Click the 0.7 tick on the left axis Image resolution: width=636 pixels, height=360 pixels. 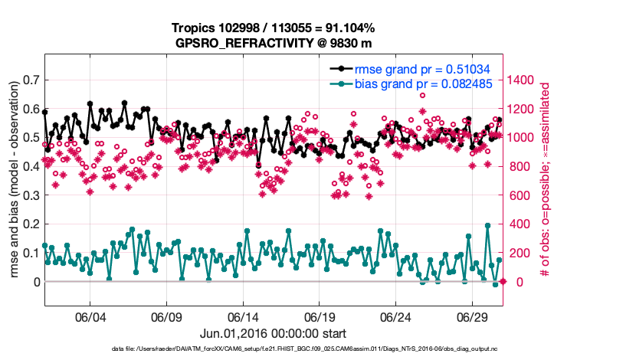(31, 80)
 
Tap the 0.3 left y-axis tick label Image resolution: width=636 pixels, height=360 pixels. (31, 195)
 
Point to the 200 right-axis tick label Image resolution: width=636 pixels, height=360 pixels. (523, 253)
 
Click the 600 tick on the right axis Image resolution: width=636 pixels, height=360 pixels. (523, 195)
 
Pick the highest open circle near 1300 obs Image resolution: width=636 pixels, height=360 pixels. (422, 95)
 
